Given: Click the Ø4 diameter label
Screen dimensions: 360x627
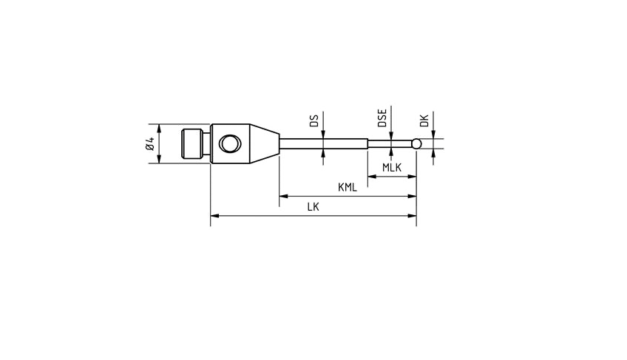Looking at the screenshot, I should point(150,143).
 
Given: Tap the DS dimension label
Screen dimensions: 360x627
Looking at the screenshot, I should point(314,120).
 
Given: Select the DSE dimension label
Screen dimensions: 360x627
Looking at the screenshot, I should point(382,119).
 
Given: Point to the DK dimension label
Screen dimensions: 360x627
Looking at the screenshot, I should point(424,120).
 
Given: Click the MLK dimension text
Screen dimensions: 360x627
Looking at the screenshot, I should point(392,168).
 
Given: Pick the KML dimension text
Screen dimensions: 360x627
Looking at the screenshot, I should point(348,188).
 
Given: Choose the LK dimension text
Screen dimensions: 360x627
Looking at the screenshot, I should point(313,208).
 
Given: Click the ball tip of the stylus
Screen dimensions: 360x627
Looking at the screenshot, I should point(417,143).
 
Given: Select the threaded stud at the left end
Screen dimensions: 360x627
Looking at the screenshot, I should point(192,143).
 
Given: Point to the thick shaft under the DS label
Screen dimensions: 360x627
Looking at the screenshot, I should point(323,143).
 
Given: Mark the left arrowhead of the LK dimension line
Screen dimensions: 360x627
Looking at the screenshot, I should point(214,217).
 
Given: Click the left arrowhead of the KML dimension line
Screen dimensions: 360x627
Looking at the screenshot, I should point(282,197).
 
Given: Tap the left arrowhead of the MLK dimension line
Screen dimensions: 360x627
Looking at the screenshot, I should point(371,177).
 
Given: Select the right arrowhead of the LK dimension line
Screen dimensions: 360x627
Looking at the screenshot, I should point(413,217).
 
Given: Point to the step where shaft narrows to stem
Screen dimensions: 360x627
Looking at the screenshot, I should point(368,143).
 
